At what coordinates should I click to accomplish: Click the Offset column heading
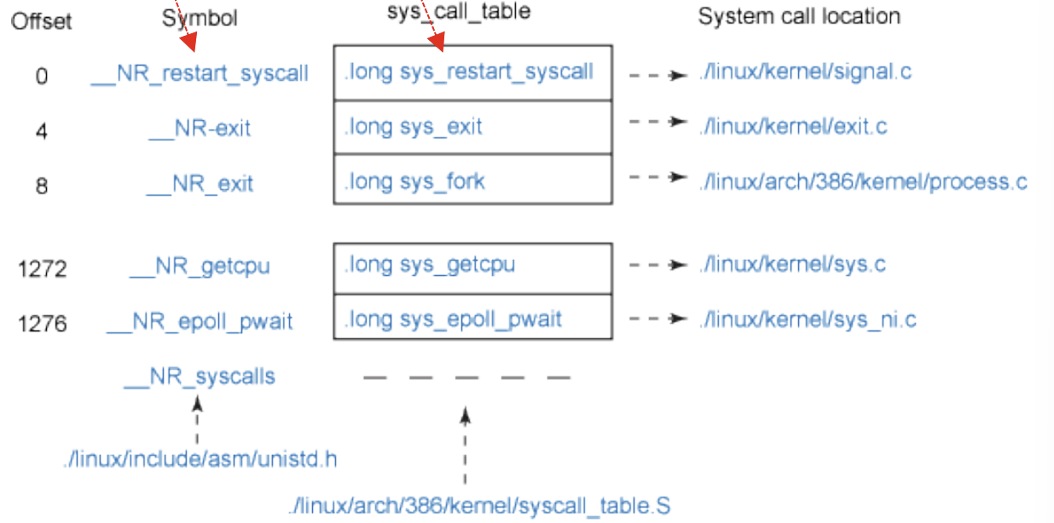[x=42, y=21]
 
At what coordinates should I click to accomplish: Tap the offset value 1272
[x=43, y=269]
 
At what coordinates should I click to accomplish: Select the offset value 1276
[x=43, y=324]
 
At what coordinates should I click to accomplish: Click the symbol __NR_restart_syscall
[x=200, y=74]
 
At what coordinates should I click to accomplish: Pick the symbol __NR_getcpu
[x=200, y=267]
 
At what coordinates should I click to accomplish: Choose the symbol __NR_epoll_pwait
[x=200, y=322]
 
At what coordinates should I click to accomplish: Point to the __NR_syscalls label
[x=200, y=376]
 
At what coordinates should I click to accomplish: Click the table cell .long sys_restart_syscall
[x=473, y=73]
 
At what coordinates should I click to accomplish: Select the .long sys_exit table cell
[x=473, y=128]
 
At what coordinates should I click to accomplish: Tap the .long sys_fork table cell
[x=473, y=180]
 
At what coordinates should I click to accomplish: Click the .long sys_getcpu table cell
[x=473, y=269]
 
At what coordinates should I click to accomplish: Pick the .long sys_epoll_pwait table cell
[x=473, y=317]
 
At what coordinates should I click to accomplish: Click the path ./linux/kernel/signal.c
[x=805, y=72]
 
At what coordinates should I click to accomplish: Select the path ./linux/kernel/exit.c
[x=793, y=127]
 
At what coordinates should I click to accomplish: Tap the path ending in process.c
[x=863, y=181]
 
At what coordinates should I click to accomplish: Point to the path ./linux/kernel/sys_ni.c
[x=808, y=319]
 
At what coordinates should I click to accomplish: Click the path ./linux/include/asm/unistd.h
[x=200, y=459]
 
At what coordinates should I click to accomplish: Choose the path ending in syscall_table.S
[x=479, y=506]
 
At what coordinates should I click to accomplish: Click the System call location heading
[x=799, y=17]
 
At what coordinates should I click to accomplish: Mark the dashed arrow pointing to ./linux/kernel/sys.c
[x=658, y=265]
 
